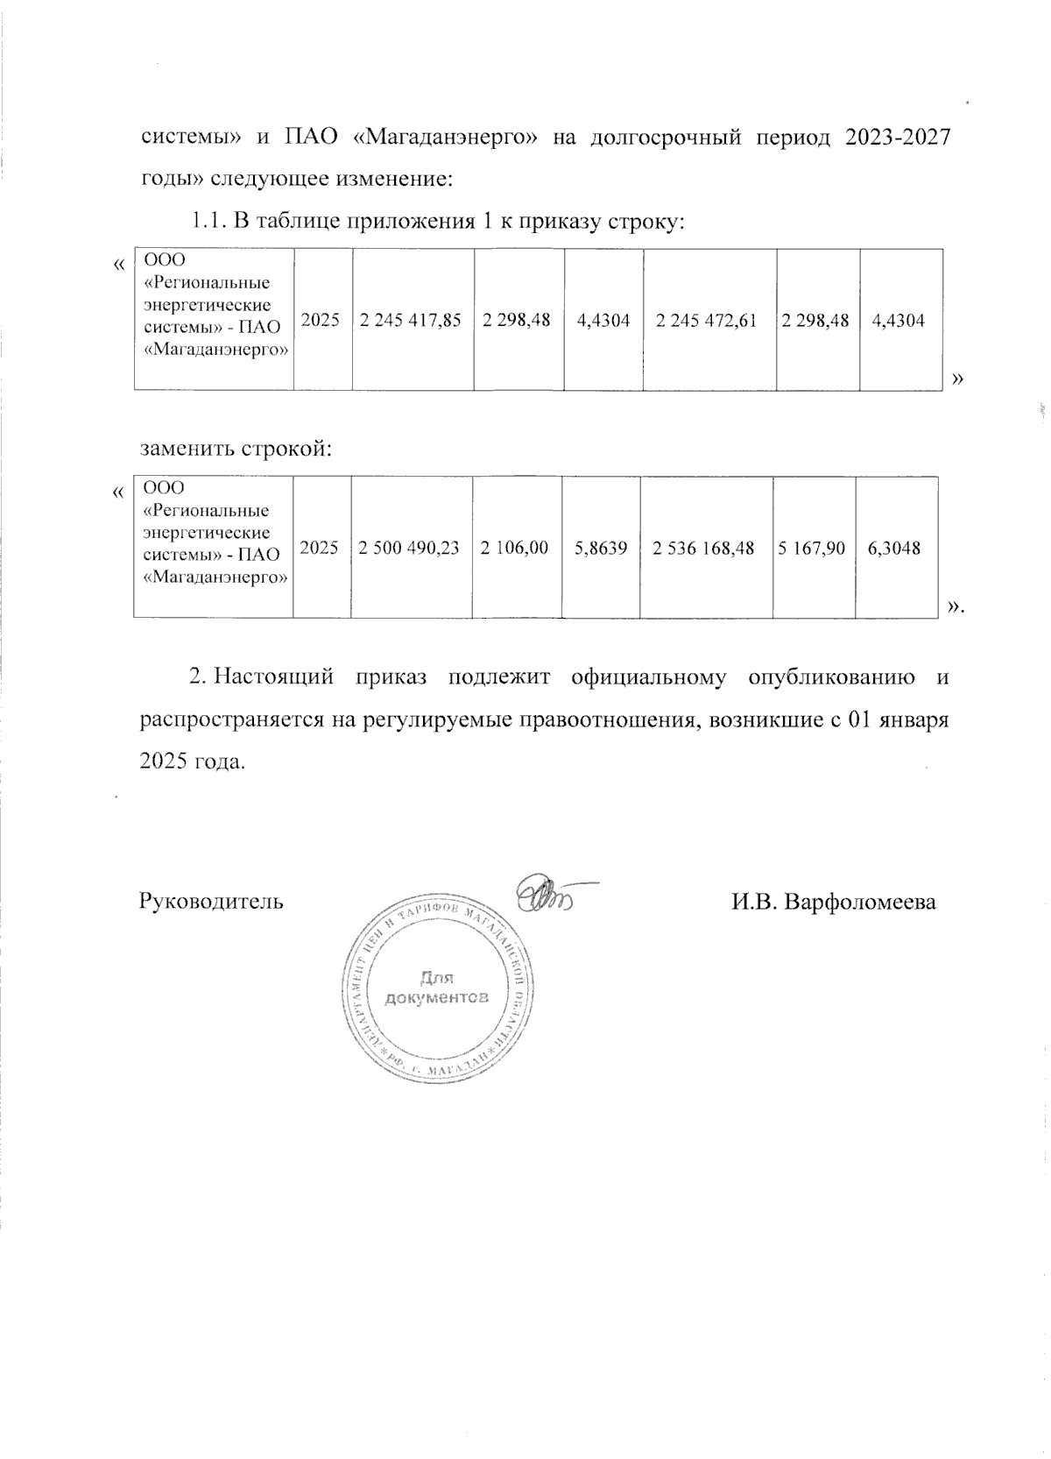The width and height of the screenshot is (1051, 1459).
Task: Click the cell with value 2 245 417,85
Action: coord(413,321)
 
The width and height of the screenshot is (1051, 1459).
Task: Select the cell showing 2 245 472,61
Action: coord(709,321)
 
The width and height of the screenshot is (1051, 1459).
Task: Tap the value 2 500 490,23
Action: coord(411,549)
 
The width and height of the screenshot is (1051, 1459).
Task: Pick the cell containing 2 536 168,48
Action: coord(706,549)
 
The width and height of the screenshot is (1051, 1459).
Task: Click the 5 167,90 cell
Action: coord(813,549)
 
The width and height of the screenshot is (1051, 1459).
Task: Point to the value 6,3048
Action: coord(894,549)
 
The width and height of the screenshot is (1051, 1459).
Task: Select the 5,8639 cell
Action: coord(601,549)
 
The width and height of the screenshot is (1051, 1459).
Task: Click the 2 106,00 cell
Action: coord(515,549)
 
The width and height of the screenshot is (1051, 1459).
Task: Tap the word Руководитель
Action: coord(211,902)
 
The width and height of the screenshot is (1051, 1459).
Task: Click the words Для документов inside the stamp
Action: coord(436,988)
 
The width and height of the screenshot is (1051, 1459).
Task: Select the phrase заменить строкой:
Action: coord(236,449)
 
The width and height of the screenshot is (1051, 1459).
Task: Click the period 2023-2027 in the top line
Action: coord(899,138)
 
